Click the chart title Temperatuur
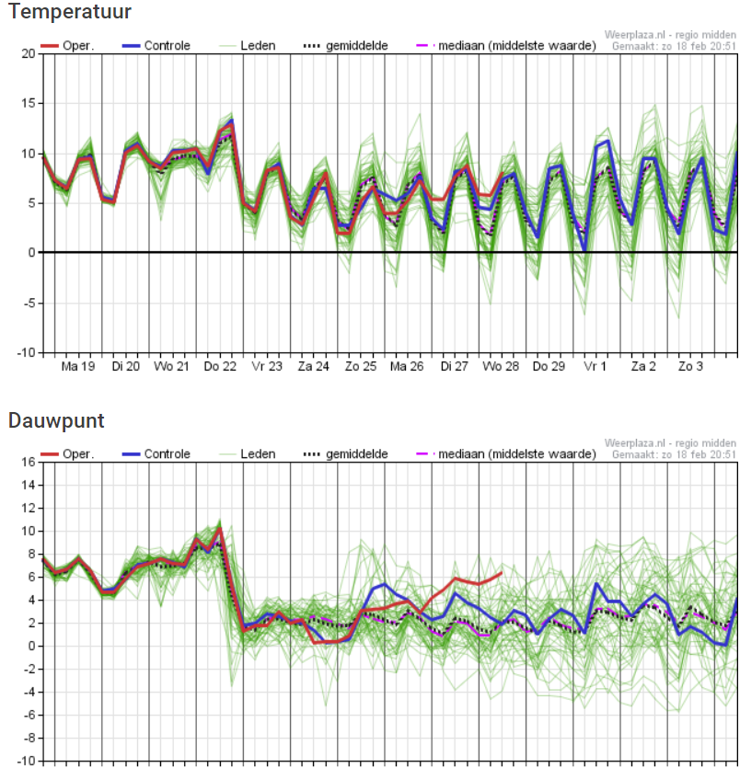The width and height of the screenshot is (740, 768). (70, 11)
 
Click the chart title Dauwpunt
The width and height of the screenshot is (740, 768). (56, 420)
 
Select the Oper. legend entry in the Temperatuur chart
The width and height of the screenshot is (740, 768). (66, 46)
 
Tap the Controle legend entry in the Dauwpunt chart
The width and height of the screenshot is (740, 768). (156, 454)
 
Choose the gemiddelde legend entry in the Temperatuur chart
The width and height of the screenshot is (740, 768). (345, 46)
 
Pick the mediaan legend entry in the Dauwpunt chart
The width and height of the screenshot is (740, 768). (505, 454)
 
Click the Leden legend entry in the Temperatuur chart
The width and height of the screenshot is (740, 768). (247, 46)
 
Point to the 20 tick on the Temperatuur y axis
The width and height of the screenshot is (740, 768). (29, 53)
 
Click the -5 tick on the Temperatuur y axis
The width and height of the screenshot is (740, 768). (29, 304)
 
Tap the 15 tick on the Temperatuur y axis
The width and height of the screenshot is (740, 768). (29, 103)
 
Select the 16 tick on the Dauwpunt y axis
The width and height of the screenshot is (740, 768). (29, 462)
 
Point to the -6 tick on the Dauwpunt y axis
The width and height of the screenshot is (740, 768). (29, 715)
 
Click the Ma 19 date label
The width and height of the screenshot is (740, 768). (78, 366)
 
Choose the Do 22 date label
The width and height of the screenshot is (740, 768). (220, 366)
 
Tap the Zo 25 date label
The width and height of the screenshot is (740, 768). (361, 366)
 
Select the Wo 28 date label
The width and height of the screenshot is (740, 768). (501, 366)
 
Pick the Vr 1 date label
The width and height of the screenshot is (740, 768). (595, 366)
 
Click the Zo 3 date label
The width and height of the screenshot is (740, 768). (690, 366)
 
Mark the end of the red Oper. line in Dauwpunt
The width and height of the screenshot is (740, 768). (501, 573)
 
